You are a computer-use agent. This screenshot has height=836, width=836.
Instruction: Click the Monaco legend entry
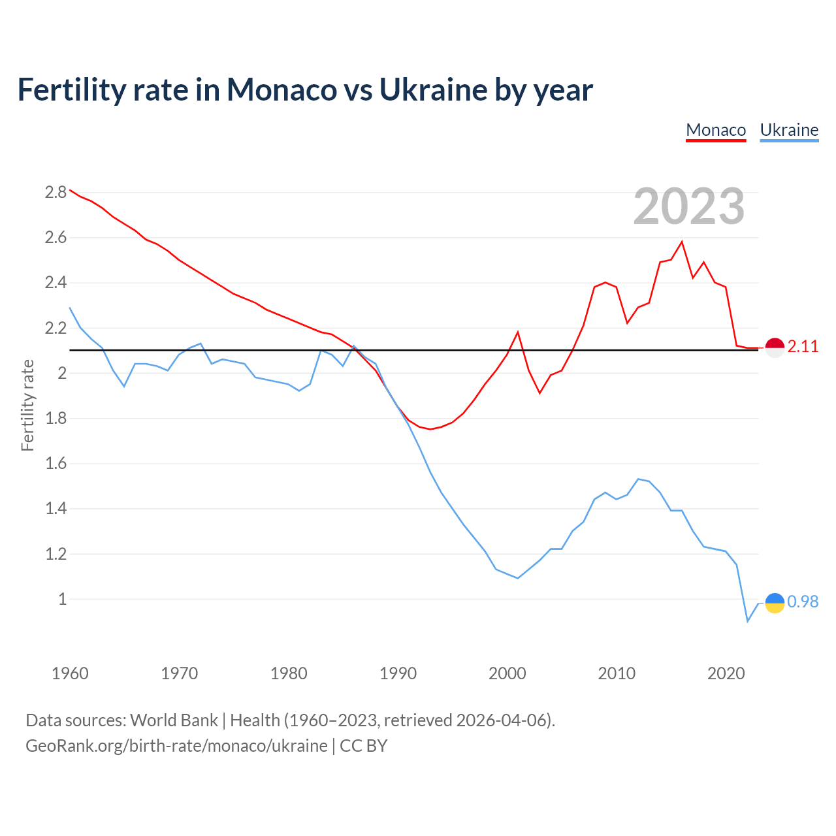[716, 130]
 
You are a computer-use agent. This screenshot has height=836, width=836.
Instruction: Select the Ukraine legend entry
[789, 130]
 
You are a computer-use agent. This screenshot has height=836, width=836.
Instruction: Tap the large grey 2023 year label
[689, 206]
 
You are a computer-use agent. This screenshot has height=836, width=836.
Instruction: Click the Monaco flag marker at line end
[775, 348]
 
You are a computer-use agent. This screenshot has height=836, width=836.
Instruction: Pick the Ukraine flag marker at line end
[775, 603]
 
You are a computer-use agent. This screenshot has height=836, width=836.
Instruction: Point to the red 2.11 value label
[803, 347]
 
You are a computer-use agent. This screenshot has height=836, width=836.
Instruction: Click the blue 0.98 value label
[803, 602]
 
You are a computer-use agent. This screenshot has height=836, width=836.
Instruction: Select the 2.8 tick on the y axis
[56, 193]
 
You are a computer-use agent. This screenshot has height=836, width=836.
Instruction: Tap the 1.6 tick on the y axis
[56, 464]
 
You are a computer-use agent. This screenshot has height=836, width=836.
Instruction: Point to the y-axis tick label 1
[63, 599]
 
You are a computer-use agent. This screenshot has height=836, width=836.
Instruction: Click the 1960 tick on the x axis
[70, 673]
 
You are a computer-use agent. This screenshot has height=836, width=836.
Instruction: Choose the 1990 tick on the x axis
[398, 673]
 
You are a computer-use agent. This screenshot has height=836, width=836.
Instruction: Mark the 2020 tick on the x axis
[726, 673]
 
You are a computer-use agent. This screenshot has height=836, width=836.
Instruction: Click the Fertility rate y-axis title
[27, 405]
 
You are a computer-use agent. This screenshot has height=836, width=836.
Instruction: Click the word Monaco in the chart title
[281, 89]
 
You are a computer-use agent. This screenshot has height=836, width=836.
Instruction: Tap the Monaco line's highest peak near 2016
[682, 242]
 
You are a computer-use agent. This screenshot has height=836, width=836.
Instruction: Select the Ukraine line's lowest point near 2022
[748, 621]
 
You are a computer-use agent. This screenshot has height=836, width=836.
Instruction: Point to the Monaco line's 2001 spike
[518, 332]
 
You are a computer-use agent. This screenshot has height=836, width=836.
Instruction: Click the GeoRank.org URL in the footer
[176, 745]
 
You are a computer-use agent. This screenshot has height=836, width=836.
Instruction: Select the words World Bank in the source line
[174, 720]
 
